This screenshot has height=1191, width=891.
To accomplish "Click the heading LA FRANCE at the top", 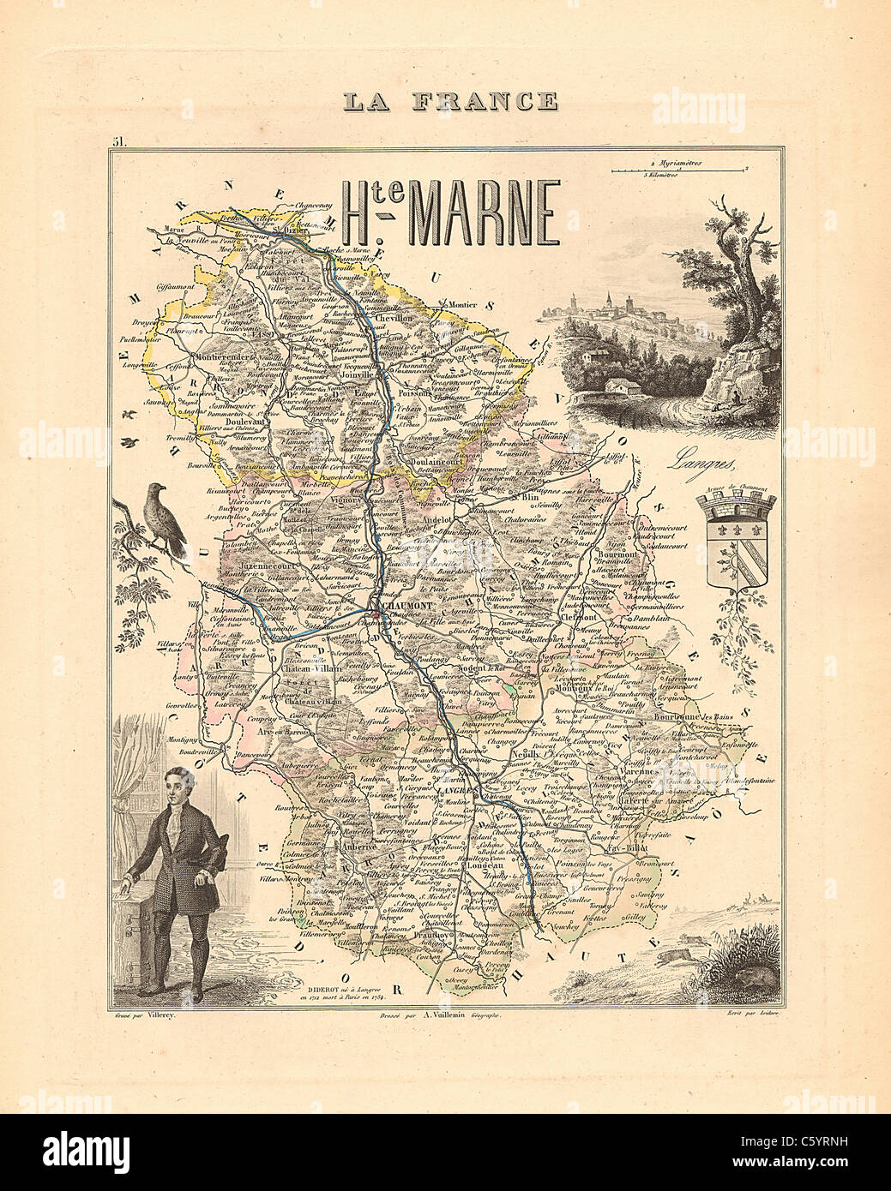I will [449, 100].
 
